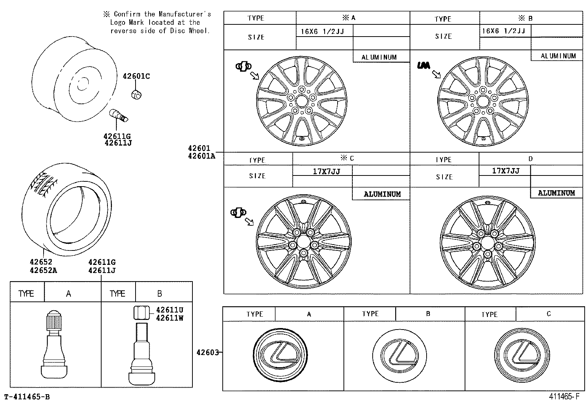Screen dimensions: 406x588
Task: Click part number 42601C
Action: [x=136, y=76]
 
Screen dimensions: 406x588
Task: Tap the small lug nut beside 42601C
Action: [x=136, y=95]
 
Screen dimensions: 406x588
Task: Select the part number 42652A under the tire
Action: [x=43, y=270]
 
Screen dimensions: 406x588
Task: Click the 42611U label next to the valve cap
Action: [x=170, y=310]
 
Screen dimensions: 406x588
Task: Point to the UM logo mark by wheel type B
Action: [x=423, y=65]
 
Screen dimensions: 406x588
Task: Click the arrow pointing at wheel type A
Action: [x=254, y=76]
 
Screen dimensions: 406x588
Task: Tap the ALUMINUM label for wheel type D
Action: [x=556, y=193]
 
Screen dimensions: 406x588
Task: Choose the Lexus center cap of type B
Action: [x=399, y=355]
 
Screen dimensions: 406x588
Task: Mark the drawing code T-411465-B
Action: [x=27, y=397]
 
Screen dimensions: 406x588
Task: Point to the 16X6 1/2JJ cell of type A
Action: [x=322, y=31]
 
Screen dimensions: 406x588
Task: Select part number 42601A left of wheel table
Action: [x=201, y=156]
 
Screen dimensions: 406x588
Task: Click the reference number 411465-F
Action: [x=564, y=397]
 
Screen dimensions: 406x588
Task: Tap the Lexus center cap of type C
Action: [x=521, y=355]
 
